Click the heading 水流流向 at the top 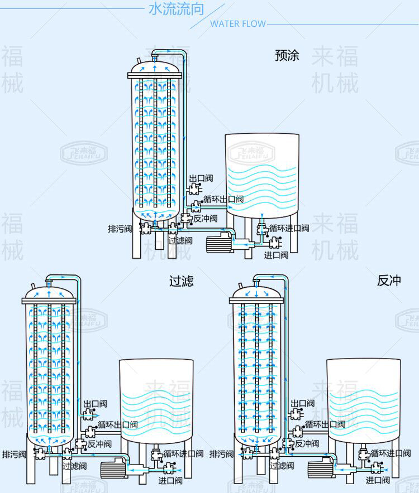[x=176, y=9]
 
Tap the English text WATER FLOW [x=237, y=24]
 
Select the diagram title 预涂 [x=287, y=56]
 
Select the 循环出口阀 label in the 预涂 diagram [x=223, y=199]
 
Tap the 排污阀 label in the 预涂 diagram [x=120, y=229]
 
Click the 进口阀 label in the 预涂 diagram [x=276, y=255]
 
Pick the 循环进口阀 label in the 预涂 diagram [x=288, y=228]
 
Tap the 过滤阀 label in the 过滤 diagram [x=74, y=466]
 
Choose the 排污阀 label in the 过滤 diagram [x=14, y=454]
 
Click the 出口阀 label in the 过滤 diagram [x=96, y=404]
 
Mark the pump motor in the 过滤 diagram [x=112, y=470]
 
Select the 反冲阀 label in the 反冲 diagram [x=307, y=444]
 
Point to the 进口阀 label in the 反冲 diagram [x=378, y=480]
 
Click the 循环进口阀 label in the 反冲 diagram [x=391, y=453]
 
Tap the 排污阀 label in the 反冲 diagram [x=221, y=455]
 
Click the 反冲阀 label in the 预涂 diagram [x=205, y=219]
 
